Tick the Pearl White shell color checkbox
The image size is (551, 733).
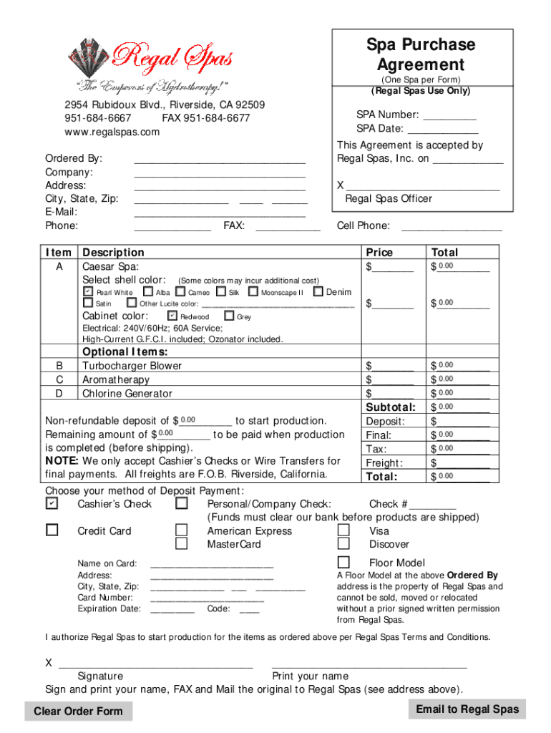(87, 292)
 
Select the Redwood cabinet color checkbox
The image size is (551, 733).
(172, 316)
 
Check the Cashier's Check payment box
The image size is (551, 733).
(52, 504)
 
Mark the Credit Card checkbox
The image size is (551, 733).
(52, 530)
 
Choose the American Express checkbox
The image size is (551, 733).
(182, 530)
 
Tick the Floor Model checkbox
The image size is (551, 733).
(343, 562)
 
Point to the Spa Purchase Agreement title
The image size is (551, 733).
(421, 54)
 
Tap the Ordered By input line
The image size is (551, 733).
(220, 158)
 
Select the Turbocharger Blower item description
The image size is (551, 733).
(132, 366)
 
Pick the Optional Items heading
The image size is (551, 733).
(125, 352)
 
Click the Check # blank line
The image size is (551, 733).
(434, 505)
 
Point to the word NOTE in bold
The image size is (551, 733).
(62, 461)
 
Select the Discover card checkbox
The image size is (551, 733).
(343, 544)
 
